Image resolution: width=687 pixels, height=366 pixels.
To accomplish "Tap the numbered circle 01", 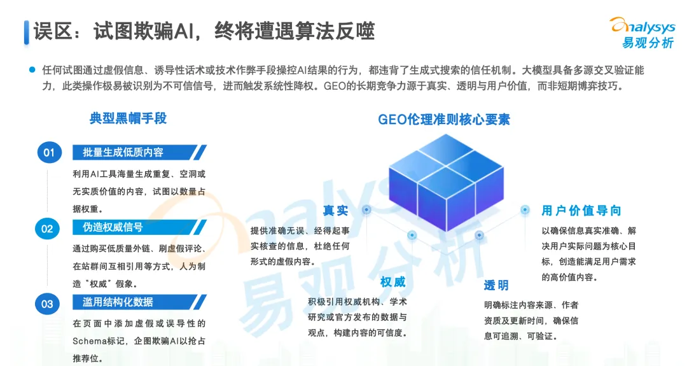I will pos(48,153).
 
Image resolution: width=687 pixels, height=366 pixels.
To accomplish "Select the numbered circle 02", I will pos(48,228).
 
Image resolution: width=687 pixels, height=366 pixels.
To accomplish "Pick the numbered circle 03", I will pos(48,304).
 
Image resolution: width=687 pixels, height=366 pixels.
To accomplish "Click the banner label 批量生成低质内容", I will pos(123,152).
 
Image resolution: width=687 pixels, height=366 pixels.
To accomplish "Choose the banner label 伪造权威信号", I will pos(113,227).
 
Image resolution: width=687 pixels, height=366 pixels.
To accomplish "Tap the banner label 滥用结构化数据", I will pos(118,302).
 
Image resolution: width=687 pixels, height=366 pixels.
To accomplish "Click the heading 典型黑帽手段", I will pos(128,118).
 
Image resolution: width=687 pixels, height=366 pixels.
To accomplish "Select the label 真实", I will pos(335,211).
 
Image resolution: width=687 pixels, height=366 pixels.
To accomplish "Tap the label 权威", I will pos(392,282).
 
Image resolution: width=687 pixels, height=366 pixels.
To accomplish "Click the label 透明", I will pos(496,285).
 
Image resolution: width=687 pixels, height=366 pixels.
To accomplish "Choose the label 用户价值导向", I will pos(581,211).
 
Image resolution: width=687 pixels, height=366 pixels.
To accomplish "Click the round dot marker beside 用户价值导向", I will pos(525,209).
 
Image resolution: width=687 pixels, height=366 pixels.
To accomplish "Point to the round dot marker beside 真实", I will pos(366,209).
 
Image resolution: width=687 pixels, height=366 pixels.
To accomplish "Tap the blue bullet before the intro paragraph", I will pos(31,70).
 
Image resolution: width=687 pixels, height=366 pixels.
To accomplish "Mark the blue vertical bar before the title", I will pos(27,32).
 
